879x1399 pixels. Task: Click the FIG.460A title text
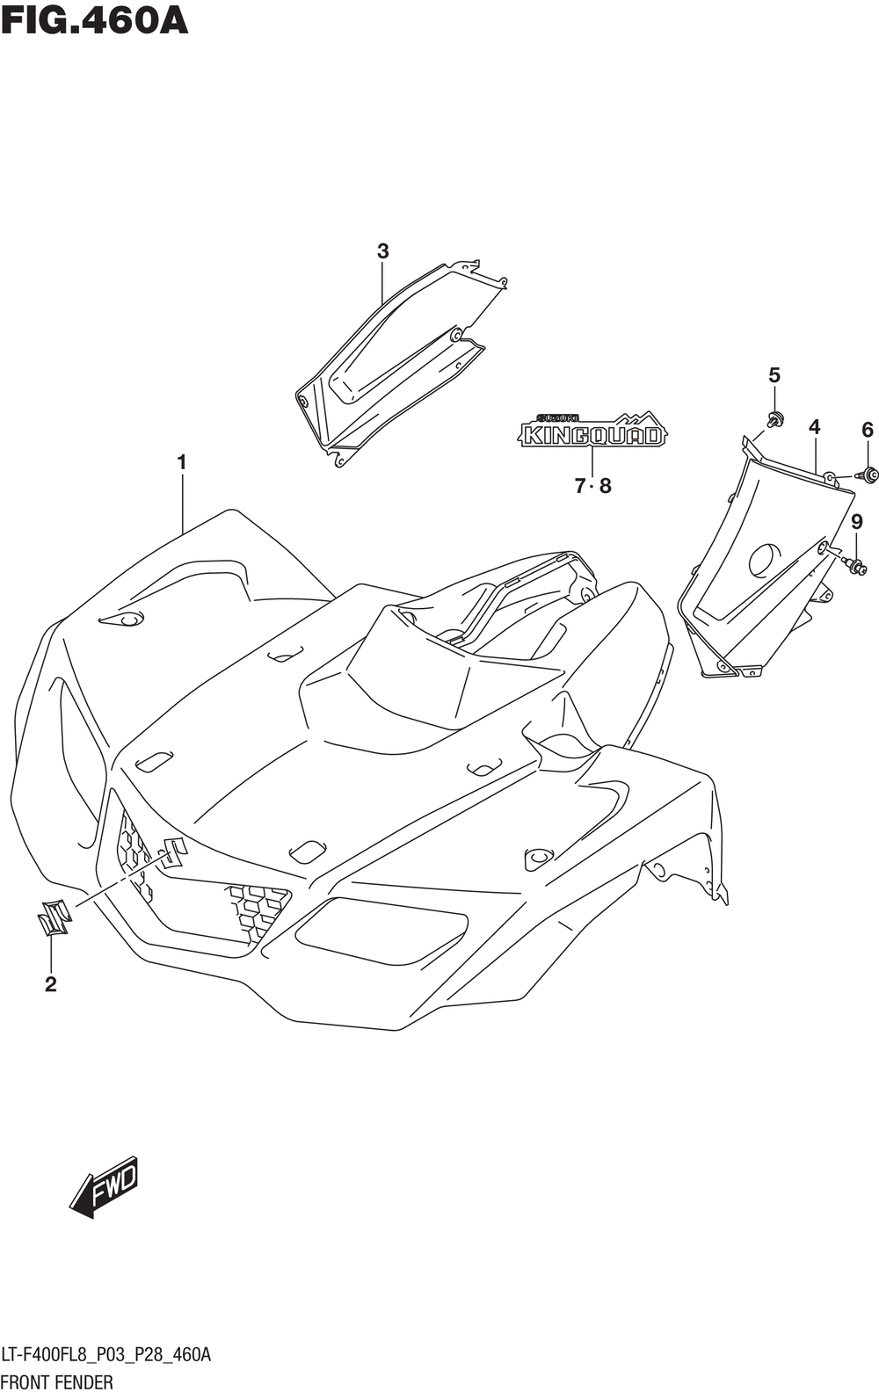click(94, 20)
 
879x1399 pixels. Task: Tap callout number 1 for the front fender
click(182, 463)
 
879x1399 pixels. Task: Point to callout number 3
click(382, 251)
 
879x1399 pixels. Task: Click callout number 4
click(813, 427)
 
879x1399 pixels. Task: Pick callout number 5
click(774, 375)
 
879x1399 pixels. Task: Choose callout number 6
click(867, 430)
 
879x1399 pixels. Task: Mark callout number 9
click(856, 521)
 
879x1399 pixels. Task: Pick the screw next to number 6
click(869, 475)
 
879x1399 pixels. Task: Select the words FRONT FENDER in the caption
click(57, 1382)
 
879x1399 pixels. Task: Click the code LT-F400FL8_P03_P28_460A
click(106, 1355)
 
